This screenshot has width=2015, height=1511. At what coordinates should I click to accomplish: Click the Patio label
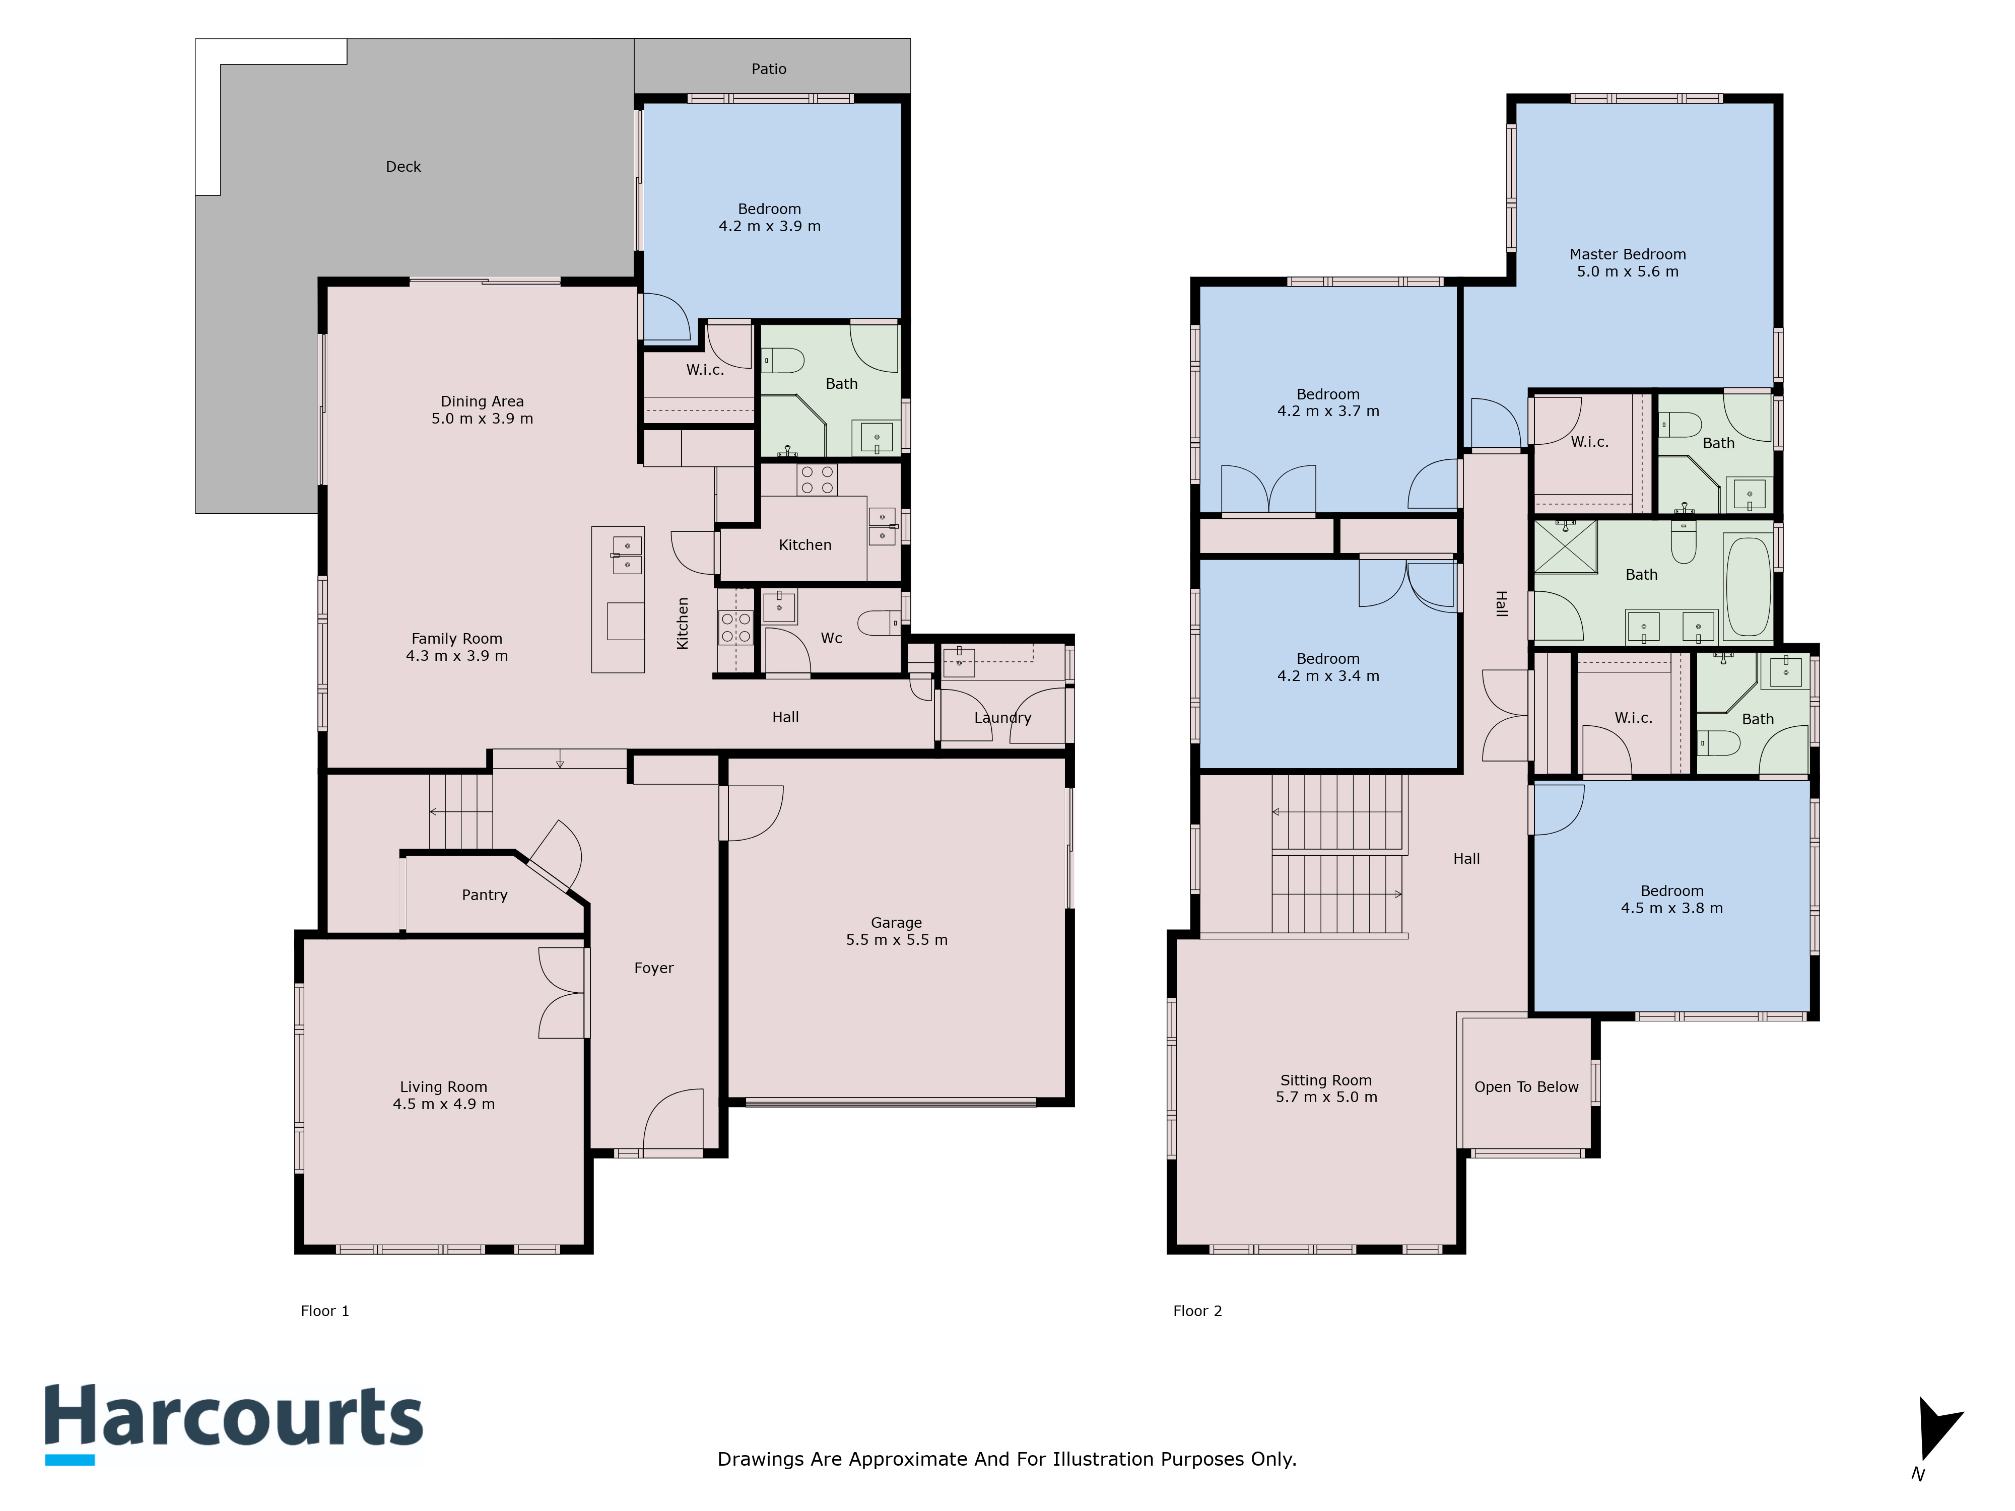click(x=769, y=69)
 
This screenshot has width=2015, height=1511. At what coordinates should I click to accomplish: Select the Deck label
click(x=404, y=167)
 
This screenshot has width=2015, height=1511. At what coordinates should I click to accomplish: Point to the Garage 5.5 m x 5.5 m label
click(x=896, y=931)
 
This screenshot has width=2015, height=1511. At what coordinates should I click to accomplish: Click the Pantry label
click(x=485, y=896)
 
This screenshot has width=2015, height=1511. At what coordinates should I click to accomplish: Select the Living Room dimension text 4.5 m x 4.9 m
click(x=444, y=1104)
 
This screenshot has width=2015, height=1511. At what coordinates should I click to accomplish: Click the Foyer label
click(x=654, y=968)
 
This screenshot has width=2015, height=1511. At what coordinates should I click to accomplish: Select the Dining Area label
click(x=482, y=401)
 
